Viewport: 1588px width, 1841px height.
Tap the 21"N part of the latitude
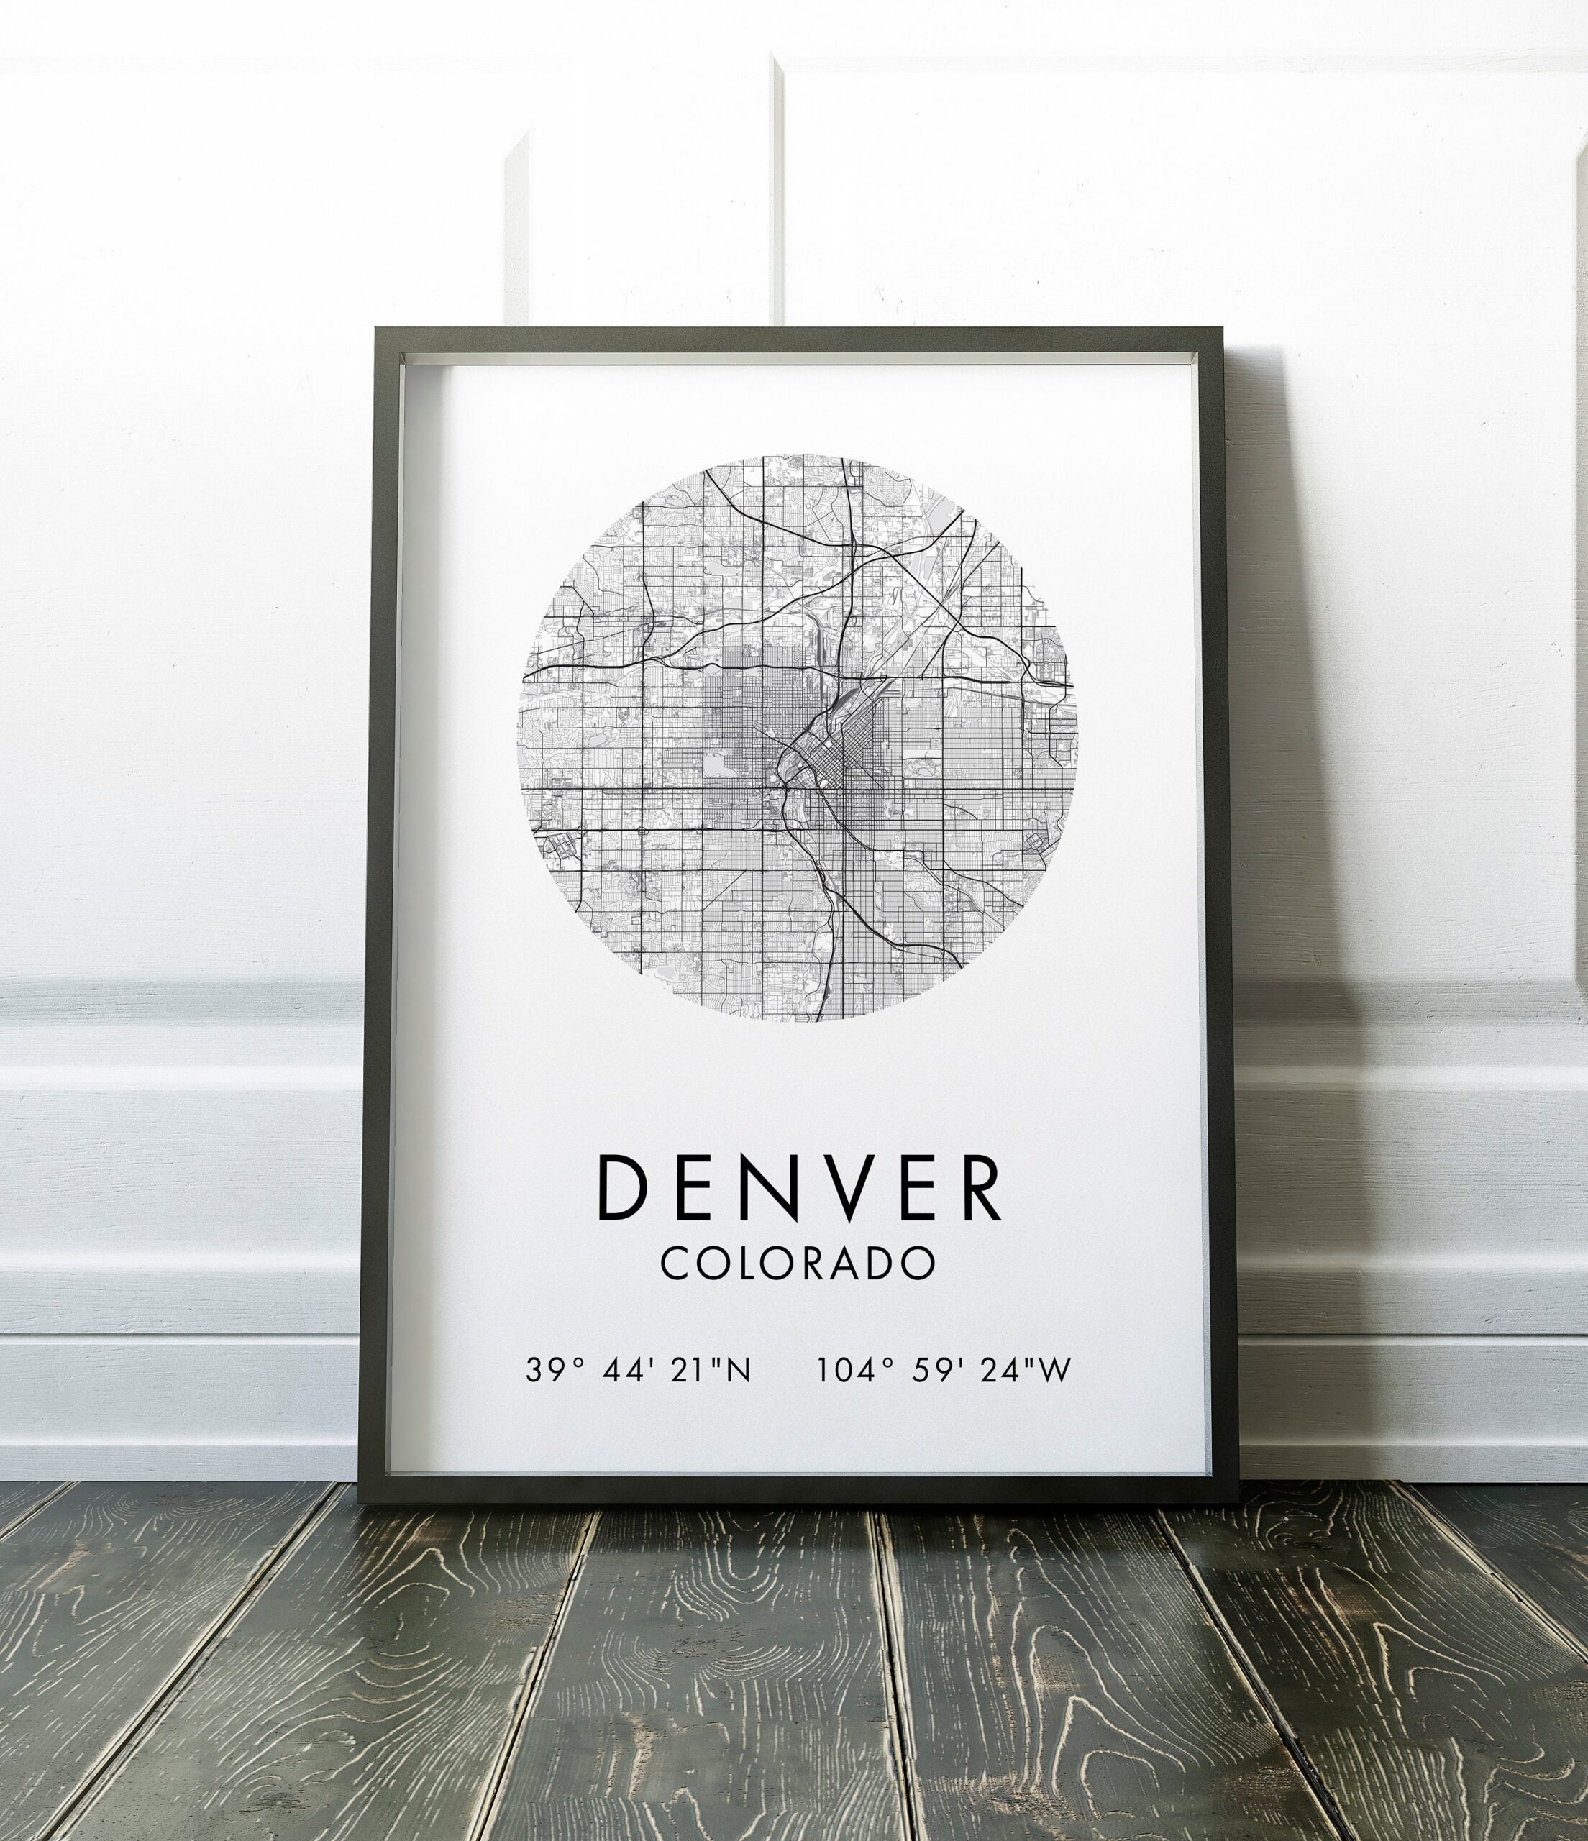tap(711, 1370)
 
